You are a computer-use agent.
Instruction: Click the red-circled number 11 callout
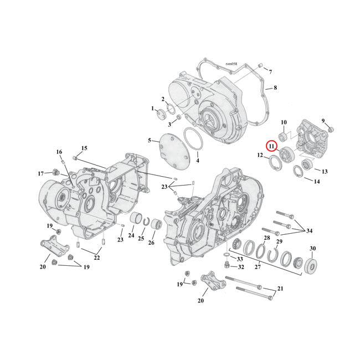tap(271, 146)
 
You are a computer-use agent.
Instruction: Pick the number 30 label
tap(312, 248)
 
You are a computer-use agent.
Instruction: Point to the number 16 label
tap(59, 152)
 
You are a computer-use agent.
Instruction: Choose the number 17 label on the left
tap(40, 173)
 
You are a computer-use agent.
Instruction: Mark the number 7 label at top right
tap(270, 72)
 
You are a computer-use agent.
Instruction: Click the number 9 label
tap(323, 122)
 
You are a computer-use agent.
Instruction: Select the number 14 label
tap(316, 182)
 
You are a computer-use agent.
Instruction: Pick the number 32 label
tap(241, 267)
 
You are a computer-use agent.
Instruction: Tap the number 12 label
tap(260, 156)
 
